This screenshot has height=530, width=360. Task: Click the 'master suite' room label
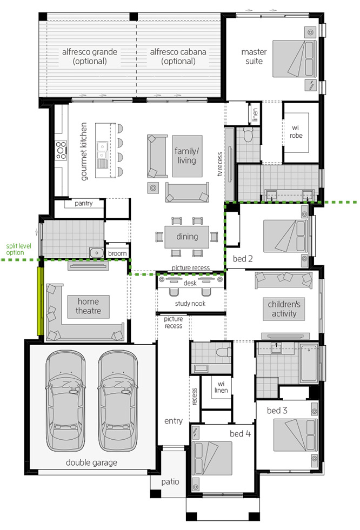pos(254,56)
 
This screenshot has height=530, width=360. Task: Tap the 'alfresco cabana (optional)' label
pos(178,56)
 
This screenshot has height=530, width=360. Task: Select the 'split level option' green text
pos(18,249)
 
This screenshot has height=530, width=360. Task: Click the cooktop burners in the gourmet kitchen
pos(61,150)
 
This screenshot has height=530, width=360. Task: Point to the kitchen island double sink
pos(102,150)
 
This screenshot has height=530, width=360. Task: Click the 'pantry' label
pos(83,203)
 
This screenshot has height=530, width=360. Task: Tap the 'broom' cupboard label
pos(117,253)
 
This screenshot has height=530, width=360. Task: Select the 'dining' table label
pos(187,237)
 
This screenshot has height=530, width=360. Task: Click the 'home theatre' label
pos(88,306)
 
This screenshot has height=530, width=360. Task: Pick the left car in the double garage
pos(65,400)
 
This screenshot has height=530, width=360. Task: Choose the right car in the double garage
pos(118,400)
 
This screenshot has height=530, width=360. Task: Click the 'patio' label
pos(170,482)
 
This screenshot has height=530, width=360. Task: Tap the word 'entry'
pos(174,421)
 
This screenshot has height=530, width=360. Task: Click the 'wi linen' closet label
pos(221,387)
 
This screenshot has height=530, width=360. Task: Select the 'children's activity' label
pos(284,308)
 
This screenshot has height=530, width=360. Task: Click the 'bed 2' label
pos(243,259)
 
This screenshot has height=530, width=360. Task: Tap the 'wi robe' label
pos(296,132)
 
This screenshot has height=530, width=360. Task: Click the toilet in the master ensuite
pos(249,134)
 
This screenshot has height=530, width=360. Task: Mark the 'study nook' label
pos(190,304)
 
